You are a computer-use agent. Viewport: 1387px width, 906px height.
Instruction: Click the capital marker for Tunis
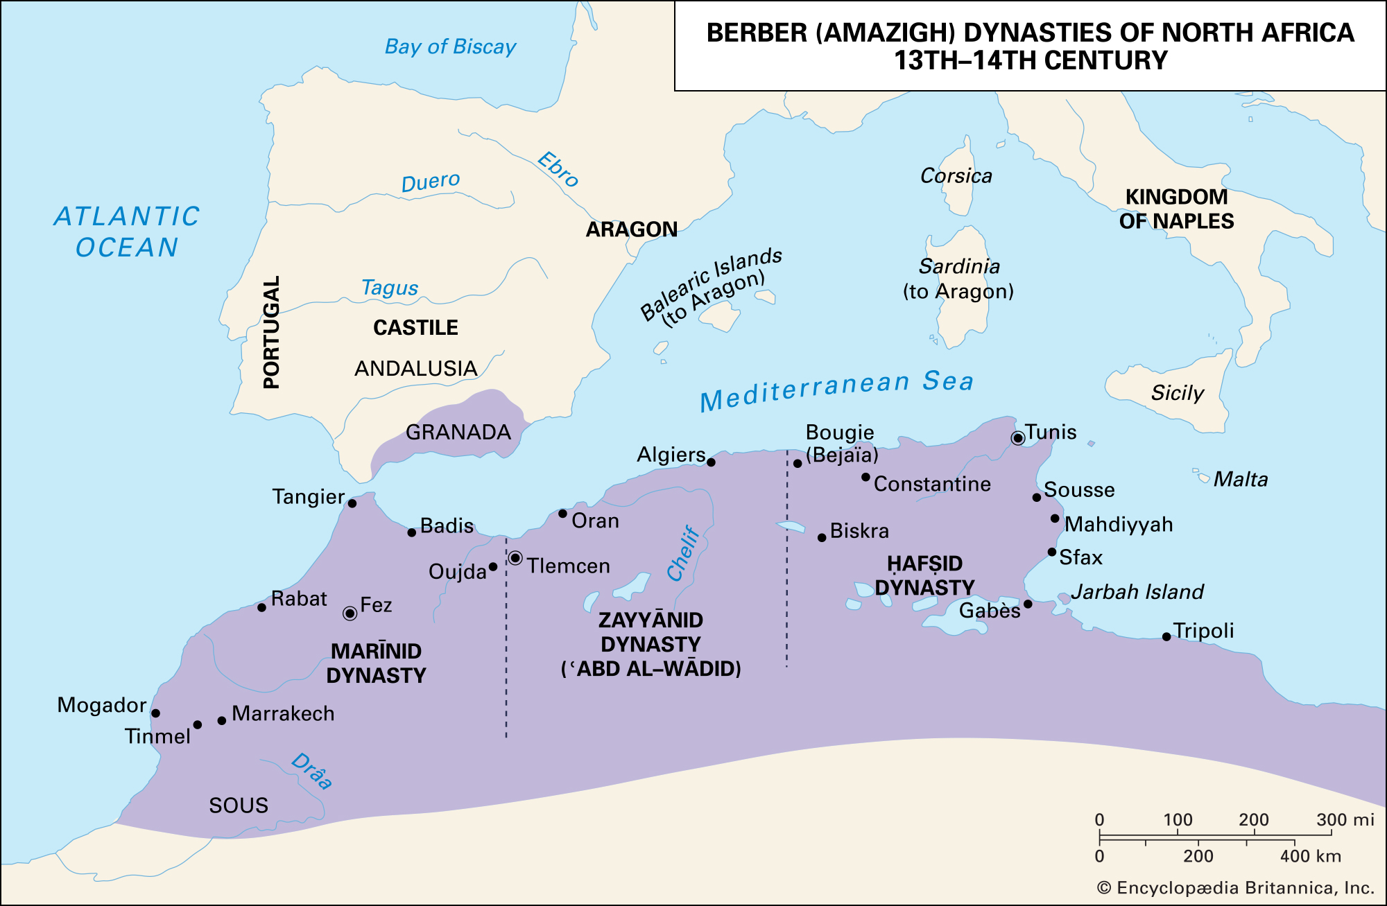pos(1017,438)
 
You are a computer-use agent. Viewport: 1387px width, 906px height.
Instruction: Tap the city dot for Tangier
pos(352,503)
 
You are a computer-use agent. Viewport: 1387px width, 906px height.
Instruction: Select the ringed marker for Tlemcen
pos(515,558)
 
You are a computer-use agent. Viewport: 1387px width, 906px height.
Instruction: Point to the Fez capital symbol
pos(350,613)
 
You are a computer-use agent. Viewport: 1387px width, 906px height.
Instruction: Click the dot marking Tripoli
pos(1166,637)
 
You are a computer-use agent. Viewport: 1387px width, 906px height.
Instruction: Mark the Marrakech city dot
pos(222,721)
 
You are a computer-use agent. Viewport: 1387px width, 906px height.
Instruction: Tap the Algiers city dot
pos(711,462)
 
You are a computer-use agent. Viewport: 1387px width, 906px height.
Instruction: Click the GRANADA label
pos(458,433)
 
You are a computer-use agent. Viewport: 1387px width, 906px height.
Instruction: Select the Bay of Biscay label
pos(451,47)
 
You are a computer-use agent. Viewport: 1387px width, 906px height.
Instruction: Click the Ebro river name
pos(558,170)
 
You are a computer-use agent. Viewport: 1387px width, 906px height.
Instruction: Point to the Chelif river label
pos(684,552)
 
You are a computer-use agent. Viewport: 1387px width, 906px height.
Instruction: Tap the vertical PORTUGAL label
pos(272,332)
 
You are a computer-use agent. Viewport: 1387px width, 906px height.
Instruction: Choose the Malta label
pos(1240,480)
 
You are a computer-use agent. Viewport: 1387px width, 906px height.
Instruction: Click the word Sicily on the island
pos(1177,393)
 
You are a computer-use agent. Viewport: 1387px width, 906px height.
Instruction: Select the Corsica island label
pos(956,176)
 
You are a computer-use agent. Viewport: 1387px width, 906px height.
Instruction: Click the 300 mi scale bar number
pos(1345,820)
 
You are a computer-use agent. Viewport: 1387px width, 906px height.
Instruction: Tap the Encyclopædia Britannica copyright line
pos(1235,888)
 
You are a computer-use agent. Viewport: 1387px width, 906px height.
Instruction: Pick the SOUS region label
pos(239,805)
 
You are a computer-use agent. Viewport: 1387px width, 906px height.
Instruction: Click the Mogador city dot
pos(155,713)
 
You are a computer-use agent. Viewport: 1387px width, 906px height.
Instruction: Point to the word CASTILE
pos(415,328)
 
